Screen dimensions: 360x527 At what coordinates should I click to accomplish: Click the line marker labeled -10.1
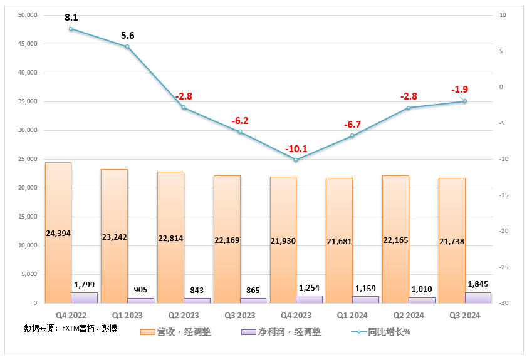click(x=296, y=160)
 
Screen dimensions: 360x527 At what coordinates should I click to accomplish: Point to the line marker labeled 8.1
click(x=71, y=29)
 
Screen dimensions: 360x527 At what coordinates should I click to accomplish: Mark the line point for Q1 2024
click(x=352, y=135)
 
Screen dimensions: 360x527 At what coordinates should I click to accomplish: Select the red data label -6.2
click(x=239, y=120)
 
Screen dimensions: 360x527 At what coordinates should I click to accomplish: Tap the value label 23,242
click(x=114, y=237)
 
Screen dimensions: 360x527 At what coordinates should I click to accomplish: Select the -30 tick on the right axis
click(x=503, y=303)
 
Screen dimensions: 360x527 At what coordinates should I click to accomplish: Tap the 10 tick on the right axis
click(x=501, y=15)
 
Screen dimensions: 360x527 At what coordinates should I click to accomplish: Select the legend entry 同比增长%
click(x=389, y=332)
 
